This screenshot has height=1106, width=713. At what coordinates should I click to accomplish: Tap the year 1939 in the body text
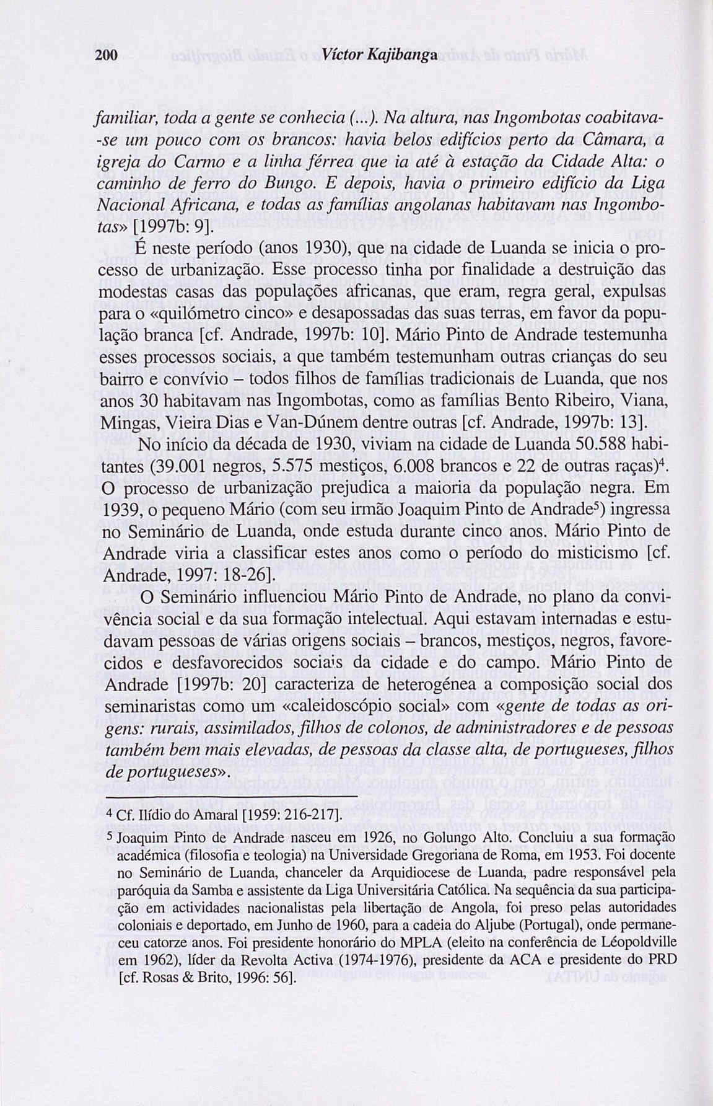click(122, 509)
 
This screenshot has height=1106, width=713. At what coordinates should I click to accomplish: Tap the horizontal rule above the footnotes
click(231, 797)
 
